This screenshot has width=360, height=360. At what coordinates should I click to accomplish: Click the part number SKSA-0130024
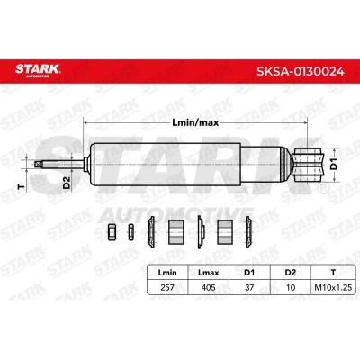click(300, 72)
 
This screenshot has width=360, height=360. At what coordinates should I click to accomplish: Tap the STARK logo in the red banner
click(38, 69)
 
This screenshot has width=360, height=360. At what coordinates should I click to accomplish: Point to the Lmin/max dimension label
click(195, 122)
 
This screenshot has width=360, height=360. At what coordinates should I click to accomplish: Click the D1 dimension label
click(334, 165)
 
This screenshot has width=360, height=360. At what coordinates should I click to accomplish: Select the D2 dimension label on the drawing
click(67, 183)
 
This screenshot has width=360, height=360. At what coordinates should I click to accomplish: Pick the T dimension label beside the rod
click(21, 186)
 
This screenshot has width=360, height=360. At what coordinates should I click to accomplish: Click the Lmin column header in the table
click(167, 273)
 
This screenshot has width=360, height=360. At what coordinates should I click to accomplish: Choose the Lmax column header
click(209, 273)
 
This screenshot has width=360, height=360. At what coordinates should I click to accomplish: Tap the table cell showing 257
click(167, 287)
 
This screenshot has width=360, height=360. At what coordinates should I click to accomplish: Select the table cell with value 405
click(209, 287)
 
